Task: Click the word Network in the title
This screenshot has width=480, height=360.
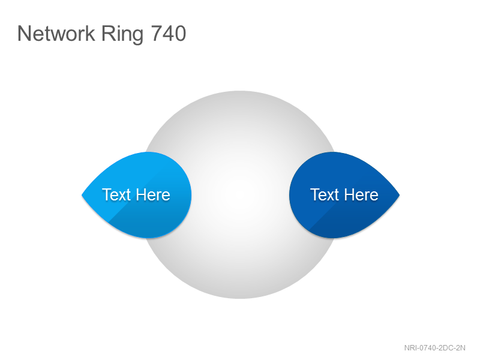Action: pos(56,33)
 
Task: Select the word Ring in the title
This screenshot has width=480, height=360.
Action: pos(122,35)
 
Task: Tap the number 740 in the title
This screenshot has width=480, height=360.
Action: pos(169,33)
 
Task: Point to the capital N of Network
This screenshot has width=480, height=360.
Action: pos(24,33)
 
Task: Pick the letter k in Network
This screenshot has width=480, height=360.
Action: pos(89,33)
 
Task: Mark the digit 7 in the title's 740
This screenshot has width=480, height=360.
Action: pos(157,33)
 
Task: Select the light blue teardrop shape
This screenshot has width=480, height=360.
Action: pos(137,195)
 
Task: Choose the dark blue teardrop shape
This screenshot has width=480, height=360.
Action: pos(344,195)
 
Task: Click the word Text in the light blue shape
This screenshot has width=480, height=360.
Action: pos(116,194)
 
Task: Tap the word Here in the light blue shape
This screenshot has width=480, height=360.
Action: pos(153,194)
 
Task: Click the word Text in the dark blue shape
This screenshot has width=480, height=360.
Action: pos(325,194)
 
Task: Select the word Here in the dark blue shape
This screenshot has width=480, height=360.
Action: pos(362,194)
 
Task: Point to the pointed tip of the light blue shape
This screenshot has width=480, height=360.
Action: pos(82,195)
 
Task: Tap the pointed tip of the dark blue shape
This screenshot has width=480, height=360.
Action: pos(400,195)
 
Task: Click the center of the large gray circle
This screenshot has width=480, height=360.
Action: pos(241,194)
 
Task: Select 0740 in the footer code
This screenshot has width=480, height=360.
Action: pos(425,348)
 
